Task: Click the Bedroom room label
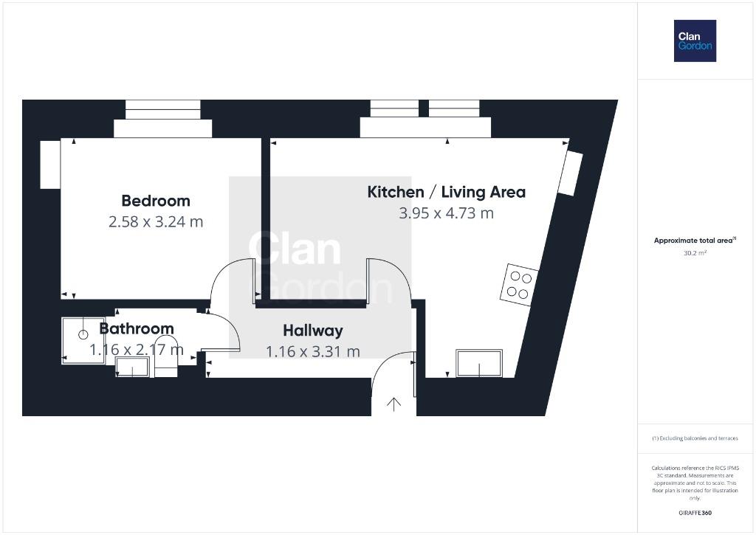pos(156,201)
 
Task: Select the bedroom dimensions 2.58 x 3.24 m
pos(156,221)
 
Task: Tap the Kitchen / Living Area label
pos(447,192)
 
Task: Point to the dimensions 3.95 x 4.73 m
pos(447,213)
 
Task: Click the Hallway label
pos(313,331)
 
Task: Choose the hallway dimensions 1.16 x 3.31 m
pos(313,351)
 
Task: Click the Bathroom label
pos(137,328)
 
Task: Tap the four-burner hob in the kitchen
pos(519,285)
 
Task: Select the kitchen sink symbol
pos(479,363)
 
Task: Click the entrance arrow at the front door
pos(394,404)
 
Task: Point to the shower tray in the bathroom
pos(83,340)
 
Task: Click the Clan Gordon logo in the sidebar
pos(695,41)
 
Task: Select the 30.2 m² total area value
pos(695,253)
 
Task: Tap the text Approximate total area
pos(693,241)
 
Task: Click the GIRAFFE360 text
pos(695,513)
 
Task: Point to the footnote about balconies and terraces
pos(695,438)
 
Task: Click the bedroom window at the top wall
pos(163,109)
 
